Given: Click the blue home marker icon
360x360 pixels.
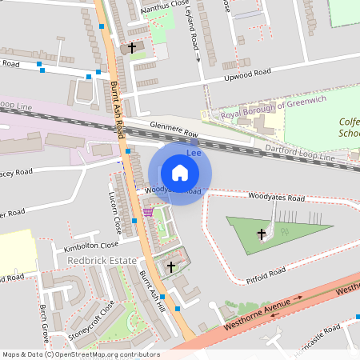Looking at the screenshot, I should (x=180, y=172).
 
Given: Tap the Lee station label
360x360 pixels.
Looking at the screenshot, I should (x=192, y=151).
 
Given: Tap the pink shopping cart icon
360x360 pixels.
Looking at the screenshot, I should (x=149, y=213).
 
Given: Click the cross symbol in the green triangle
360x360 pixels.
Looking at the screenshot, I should (x=261, y=234).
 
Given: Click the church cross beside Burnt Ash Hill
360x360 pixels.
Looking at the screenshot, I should (x=170, y=266).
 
